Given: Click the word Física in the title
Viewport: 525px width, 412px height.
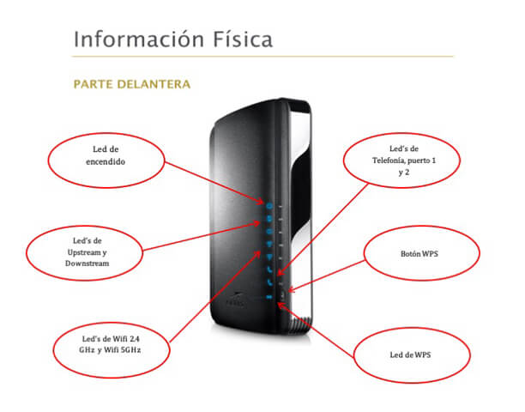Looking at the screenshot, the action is click(x=243, y=39).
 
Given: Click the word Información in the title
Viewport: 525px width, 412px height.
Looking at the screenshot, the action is click(x=139, y=39).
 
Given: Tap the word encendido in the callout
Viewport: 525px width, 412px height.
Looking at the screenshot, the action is click(x=106, y=161).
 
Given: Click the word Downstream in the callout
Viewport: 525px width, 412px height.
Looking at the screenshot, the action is click(x=87, y=264).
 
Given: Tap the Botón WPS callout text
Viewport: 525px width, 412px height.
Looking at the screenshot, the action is click(x=419, y=254).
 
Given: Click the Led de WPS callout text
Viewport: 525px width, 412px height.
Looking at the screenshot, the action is click(x=410, y=354).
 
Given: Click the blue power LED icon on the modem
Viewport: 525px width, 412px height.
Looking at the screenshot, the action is click(x=269, y=206).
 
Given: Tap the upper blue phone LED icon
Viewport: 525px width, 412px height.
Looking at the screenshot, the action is click(x=269, y=269).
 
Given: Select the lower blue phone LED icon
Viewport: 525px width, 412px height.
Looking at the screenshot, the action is click(x=269, y=282).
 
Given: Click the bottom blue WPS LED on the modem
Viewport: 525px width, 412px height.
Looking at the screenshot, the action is click(x=269, y=297).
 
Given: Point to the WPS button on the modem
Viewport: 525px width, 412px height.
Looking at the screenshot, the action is click(x=283, y=294).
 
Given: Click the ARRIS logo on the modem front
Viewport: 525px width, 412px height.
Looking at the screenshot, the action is click(x=235, y=300).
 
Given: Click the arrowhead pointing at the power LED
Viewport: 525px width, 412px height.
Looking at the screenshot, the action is click(x=260, y=201).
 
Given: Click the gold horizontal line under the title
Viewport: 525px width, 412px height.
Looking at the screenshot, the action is click(x=262, y=57).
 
